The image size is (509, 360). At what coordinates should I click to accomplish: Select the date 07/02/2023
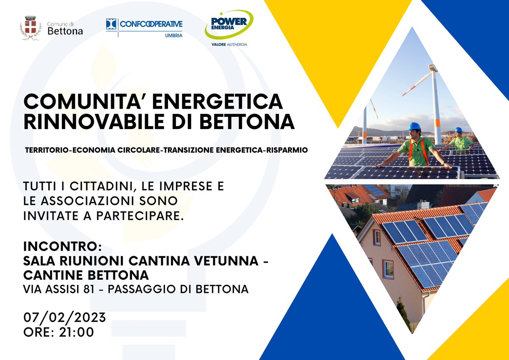(x=64, y=318)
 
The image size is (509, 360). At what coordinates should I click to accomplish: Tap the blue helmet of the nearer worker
(x=414, y=127)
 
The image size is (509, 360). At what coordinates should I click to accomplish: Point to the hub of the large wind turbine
(x=433, y=68)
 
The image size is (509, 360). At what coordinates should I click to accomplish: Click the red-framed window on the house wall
(x=388, y=269)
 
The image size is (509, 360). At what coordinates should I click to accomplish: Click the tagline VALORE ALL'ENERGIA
(x=229, y=44)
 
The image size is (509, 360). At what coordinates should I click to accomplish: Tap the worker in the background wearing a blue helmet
(x=459, y=140)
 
